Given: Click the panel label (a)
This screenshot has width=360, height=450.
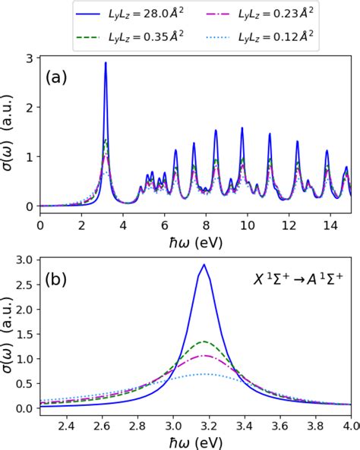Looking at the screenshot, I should pyautogui.click(x=59, y=77).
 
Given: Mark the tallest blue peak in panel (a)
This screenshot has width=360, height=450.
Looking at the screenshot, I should pyautogui.click(x=106, y=63).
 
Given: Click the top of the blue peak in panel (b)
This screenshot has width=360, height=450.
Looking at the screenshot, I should pyautogui.click(x=203, y=265).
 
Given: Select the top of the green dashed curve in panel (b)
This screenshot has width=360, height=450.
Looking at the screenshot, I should pyautogui.click(x=203, y=341).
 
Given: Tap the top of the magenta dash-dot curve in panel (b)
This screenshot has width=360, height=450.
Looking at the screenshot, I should pyautogui.click(x=203, y=355).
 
